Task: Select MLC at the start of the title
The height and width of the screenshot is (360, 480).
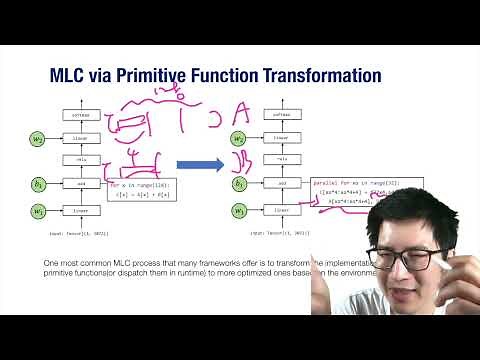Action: [68, 75]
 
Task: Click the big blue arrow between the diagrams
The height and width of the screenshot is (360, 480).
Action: [199, 165]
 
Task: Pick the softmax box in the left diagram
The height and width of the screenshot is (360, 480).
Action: [80, 115]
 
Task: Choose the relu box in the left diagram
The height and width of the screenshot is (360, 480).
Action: [80, 160]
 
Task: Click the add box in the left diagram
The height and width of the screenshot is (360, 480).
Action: [80, 184]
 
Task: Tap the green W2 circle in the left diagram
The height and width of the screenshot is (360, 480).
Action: [38, 138]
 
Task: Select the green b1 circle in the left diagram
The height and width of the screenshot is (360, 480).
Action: [38, 184]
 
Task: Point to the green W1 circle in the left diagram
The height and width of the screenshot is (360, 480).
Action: [38, 211]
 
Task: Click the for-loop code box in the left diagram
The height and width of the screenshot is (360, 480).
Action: [139, 189]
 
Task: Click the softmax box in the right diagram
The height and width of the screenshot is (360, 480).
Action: [282, 115]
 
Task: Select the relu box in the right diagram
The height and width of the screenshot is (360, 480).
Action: [282, 160]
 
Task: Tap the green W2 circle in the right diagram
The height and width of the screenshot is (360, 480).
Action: [240, 138]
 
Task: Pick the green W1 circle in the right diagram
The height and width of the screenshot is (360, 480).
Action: [240, 211]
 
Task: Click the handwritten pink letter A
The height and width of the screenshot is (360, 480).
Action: [241, 113]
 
